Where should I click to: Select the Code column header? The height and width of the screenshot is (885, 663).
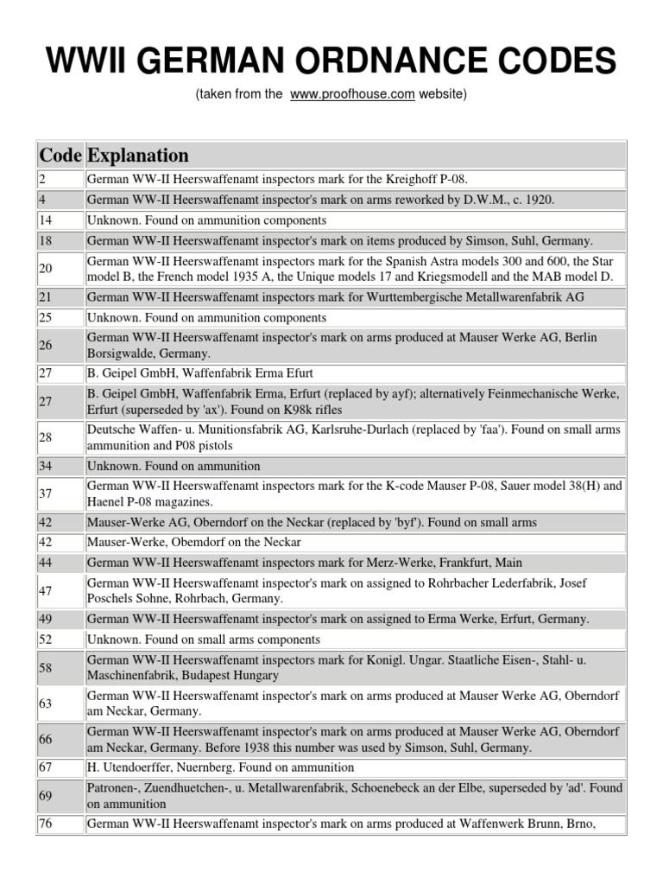tap(60, 156)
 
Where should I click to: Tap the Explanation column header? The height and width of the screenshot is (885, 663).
tap(137, 156)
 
